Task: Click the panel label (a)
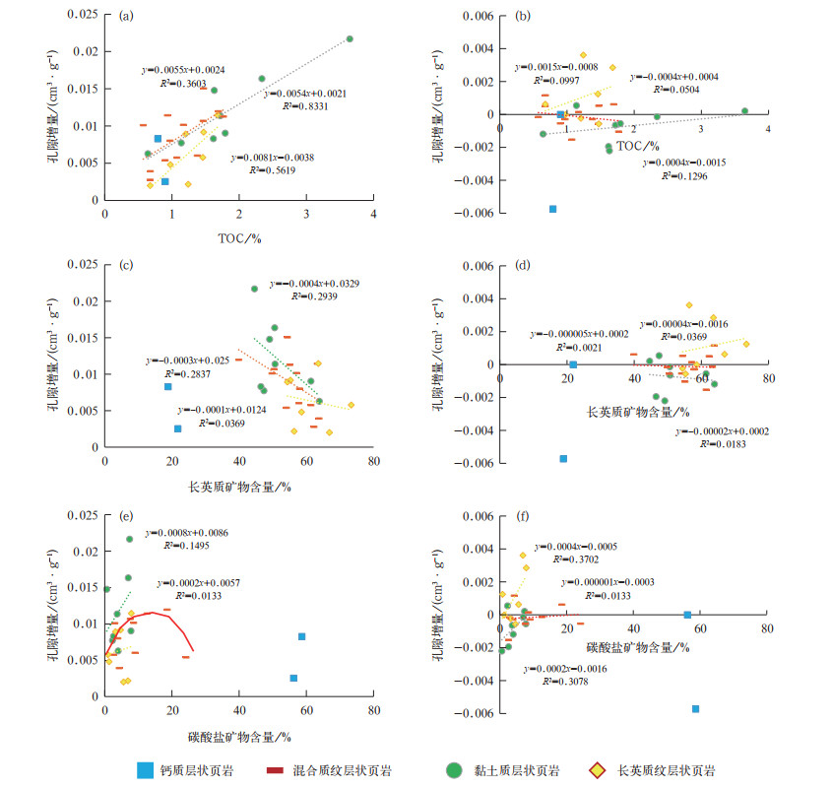127,16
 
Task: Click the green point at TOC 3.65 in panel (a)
350,39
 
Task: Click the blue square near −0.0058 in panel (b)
552,209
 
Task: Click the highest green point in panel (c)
254,289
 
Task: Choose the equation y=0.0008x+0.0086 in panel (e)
188,532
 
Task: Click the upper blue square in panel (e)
302,636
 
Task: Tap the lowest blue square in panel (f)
695,708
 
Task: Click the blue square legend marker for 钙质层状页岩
145,769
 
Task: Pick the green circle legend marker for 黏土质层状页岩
455,769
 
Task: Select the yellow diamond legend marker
595,769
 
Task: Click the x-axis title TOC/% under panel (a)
239,237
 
